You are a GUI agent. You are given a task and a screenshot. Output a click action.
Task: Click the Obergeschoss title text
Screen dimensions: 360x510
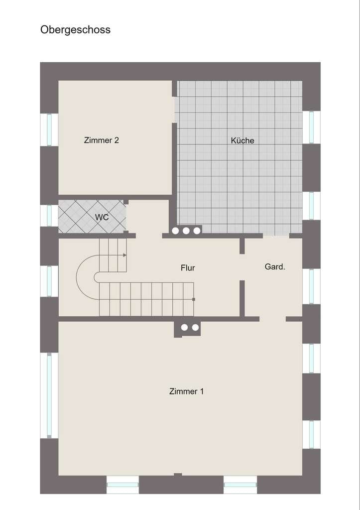point(76,30)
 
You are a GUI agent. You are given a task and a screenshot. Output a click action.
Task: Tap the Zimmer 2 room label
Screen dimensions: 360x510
point(102,140)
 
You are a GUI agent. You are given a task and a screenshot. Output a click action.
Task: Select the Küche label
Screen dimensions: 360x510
point(242,140)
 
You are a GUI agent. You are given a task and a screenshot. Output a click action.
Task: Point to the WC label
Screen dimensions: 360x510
point(102,217)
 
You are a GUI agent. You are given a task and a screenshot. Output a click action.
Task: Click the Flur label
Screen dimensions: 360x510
point(188,267)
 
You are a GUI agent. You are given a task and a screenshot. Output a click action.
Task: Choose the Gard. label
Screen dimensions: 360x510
point(275,267)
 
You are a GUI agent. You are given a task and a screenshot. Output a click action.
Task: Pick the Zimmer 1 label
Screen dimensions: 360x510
point(186,391)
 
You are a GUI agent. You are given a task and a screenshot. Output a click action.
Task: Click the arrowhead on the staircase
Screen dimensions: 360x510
point(125,255)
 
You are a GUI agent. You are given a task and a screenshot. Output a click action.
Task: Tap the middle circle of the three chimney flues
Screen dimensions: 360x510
point(186,231)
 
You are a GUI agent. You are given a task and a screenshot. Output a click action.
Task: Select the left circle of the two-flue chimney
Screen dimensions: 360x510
point(184,327)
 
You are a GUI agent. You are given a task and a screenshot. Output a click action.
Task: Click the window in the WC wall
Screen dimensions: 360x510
point(49,216)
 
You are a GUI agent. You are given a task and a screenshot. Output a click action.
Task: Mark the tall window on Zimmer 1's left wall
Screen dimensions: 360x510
point(49,395)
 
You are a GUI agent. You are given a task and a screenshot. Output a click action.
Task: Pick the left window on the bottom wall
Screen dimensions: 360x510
point(122,485)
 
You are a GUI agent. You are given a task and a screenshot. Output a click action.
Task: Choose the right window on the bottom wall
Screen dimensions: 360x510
point(240,485)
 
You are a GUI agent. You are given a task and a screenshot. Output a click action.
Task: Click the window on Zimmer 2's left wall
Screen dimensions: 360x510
point(49,130)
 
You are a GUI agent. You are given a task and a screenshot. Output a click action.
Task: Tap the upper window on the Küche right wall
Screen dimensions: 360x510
point(311,127)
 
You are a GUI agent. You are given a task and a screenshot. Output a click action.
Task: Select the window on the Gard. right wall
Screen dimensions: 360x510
point(311,286)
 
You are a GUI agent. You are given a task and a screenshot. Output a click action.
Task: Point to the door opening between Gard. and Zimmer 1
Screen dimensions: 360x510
point(272,319)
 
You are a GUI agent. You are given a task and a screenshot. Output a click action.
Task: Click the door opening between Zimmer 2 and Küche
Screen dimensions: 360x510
point(174,110)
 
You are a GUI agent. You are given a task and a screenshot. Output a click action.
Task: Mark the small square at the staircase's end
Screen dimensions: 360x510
point(194,299)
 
